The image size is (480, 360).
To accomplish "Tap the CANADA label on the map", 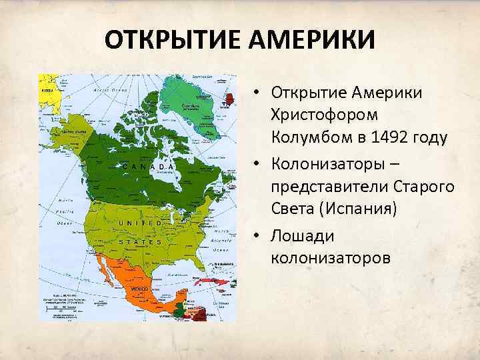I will [149, 166].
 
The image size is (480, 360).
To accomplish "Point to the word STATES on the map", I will [141, 242].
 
